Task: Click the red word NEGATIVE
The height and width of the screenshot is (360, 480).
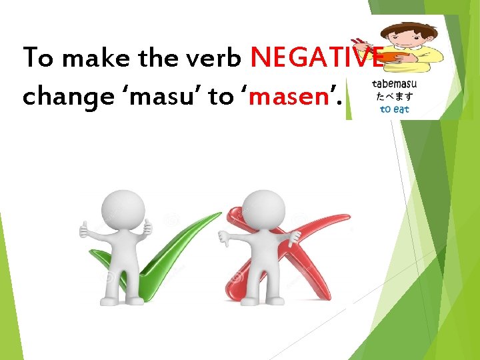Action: (x=317, y=58)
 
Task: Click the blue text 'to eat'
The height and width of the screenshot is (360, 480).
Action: (x=395, y=109)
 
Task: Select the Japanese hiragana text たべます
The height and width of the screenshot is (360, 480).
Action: (x=395, y=97)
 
